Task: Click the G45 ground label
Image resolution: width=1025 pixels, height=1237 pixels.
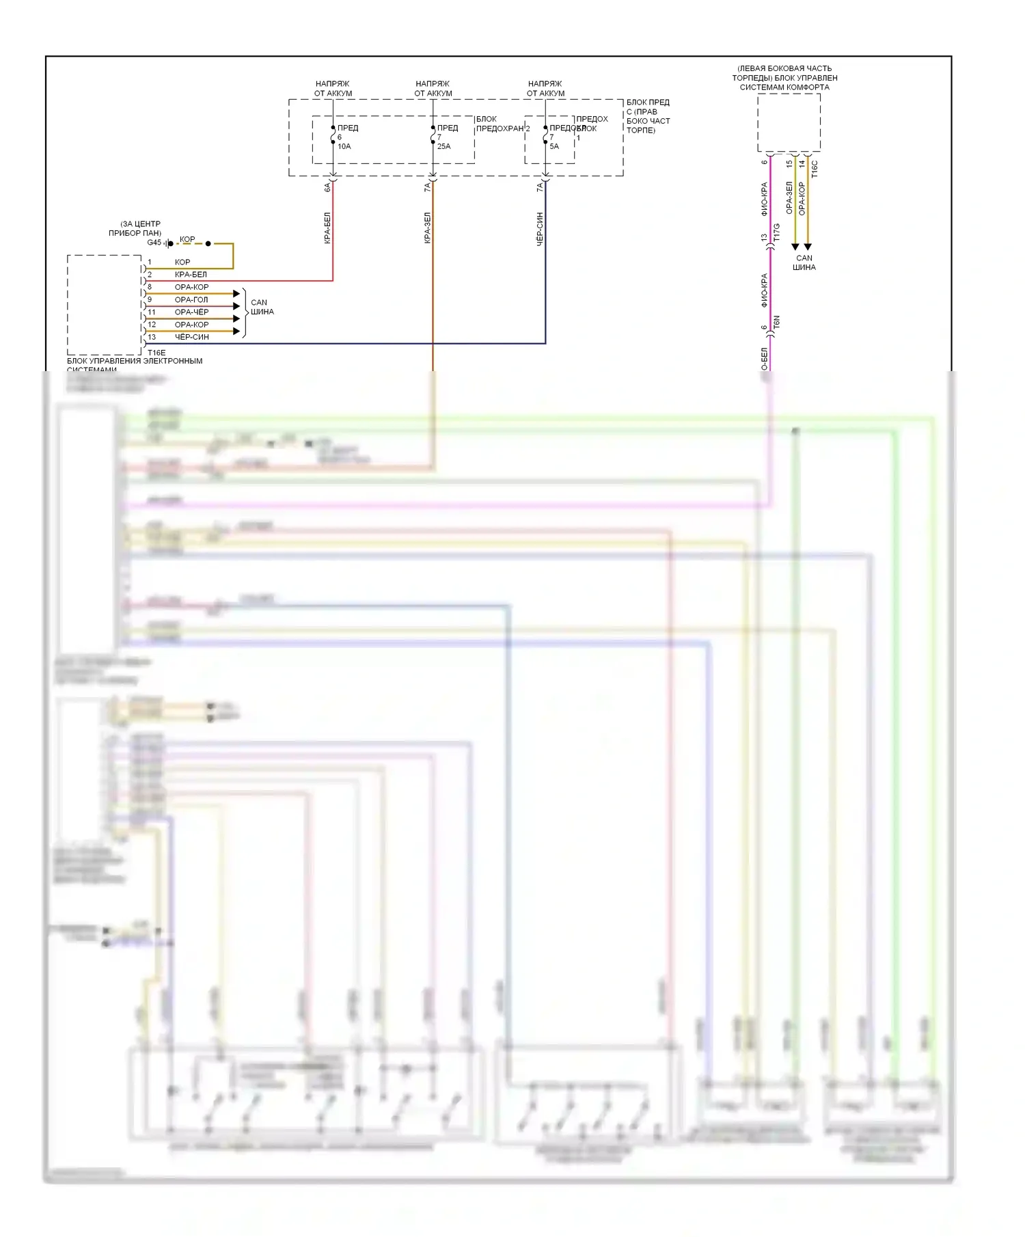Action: coord(154,243)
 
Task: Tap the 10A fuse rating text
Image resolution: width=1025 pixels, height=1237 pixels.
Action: coord(344,146)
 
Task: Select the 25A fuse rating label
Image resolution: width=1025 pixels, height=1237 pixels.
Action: coord(443,146)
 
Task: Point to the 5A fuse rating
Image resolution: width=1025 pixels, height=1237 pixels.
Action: coord(554,146)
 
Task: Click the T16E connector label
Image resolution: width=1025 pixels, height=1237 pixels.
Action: coord(156,353)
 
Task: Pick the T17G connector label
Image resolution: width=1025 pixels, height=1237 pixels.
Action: coord(776,232)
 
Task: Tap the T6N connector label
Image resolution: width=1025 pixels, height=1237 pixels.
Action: coord(776,323)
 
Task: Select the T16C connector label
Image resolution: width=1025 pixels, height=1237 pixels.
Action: coord(814,169)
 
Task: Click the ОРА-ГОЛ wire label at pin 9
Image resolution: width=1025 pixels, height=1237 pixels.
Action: coord(191,299)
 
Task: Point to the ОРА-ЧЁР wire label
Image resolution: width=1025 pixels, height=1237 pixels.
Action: coord(191,312)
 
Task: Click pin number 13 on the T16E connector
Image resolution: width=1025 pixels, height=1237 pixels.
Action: coord(152,337)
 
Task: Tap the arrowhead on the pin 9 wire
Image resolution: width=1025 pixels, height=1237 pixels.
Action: coord(237,306)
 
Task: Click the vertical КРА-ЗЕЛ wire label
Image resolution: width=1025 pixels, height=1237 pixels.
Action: coord(427,228)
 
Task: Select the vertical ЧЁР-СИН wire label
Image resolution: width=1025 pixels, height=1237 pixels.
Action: coord(540,229)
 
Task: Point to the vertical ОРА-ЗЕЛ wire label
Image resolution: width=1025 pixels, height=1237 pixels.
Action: coord(789,198)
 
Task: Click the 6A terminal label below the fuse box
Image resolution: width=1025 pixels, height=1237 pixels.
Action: coord(327,187)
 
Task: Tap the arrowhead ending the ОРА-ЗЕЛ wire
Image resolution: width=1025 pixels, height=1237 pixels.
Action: coord(795,247)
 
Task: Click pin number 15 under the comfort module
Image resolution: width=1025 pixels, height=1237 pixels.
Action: coord(789,164)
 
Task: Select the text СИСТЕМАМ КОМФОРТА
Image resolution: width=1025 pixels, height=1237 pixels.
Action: coord(784,87)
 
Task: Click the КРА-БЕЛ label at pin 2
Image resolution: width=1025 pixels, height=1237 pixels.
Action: coord(191,274)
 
